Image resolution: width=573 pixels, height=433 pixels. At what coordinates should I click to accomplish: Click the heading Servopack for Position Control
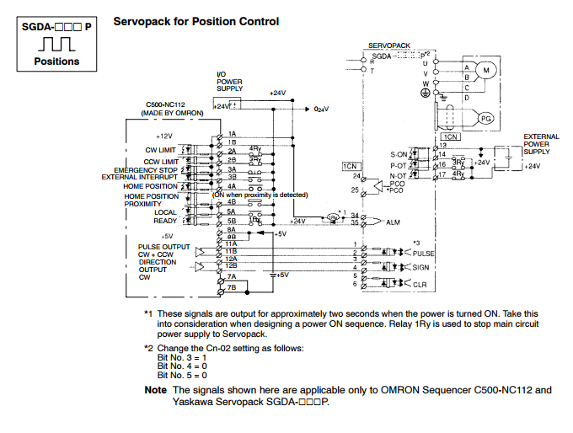[195, 20]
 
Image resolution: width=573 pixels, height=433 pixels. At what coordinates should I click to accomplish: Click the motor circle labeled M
[485, 67]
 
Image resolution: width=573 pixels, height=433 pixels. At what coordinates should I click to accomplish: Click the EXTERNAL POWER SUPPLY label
[541, 144]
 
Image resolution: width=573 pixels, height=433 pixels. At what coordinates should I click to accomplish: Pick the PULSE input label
[424, 253]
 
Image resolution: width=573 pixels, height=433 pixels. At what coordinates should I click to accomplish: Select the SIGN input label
[421, 267]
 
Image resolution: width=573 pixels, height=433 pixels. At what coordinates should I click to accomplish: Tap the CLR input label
[420, 284]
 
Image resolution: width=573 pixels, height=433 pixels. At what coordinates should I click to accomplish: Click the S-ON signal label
[398, 154]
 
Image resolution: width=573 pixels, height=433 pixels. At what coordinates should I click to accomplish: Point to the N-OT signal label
[399, 175]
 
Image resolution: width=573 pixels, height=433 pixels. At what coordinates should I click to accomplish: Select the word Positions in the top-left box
[56, 61]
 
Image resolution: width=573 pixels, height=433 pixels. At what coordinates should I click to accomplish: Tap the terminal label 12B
[232, 266]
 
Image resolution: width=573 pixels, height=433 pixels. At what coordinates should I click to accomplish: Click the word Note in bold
[155, 390]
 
